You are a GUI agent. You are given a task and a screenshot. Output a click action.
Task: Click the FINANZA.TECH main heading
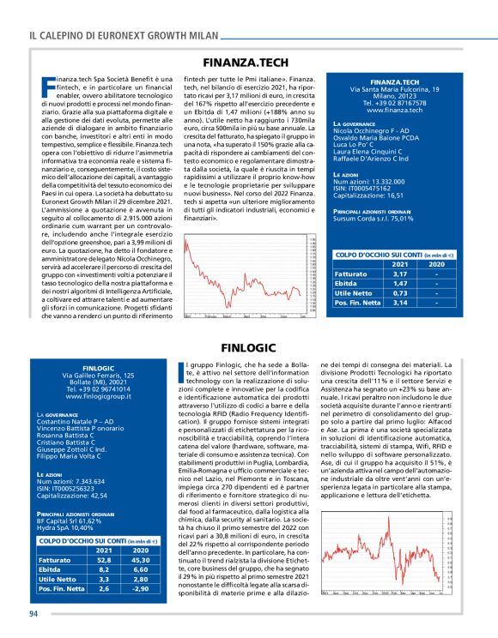(248, 63)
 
